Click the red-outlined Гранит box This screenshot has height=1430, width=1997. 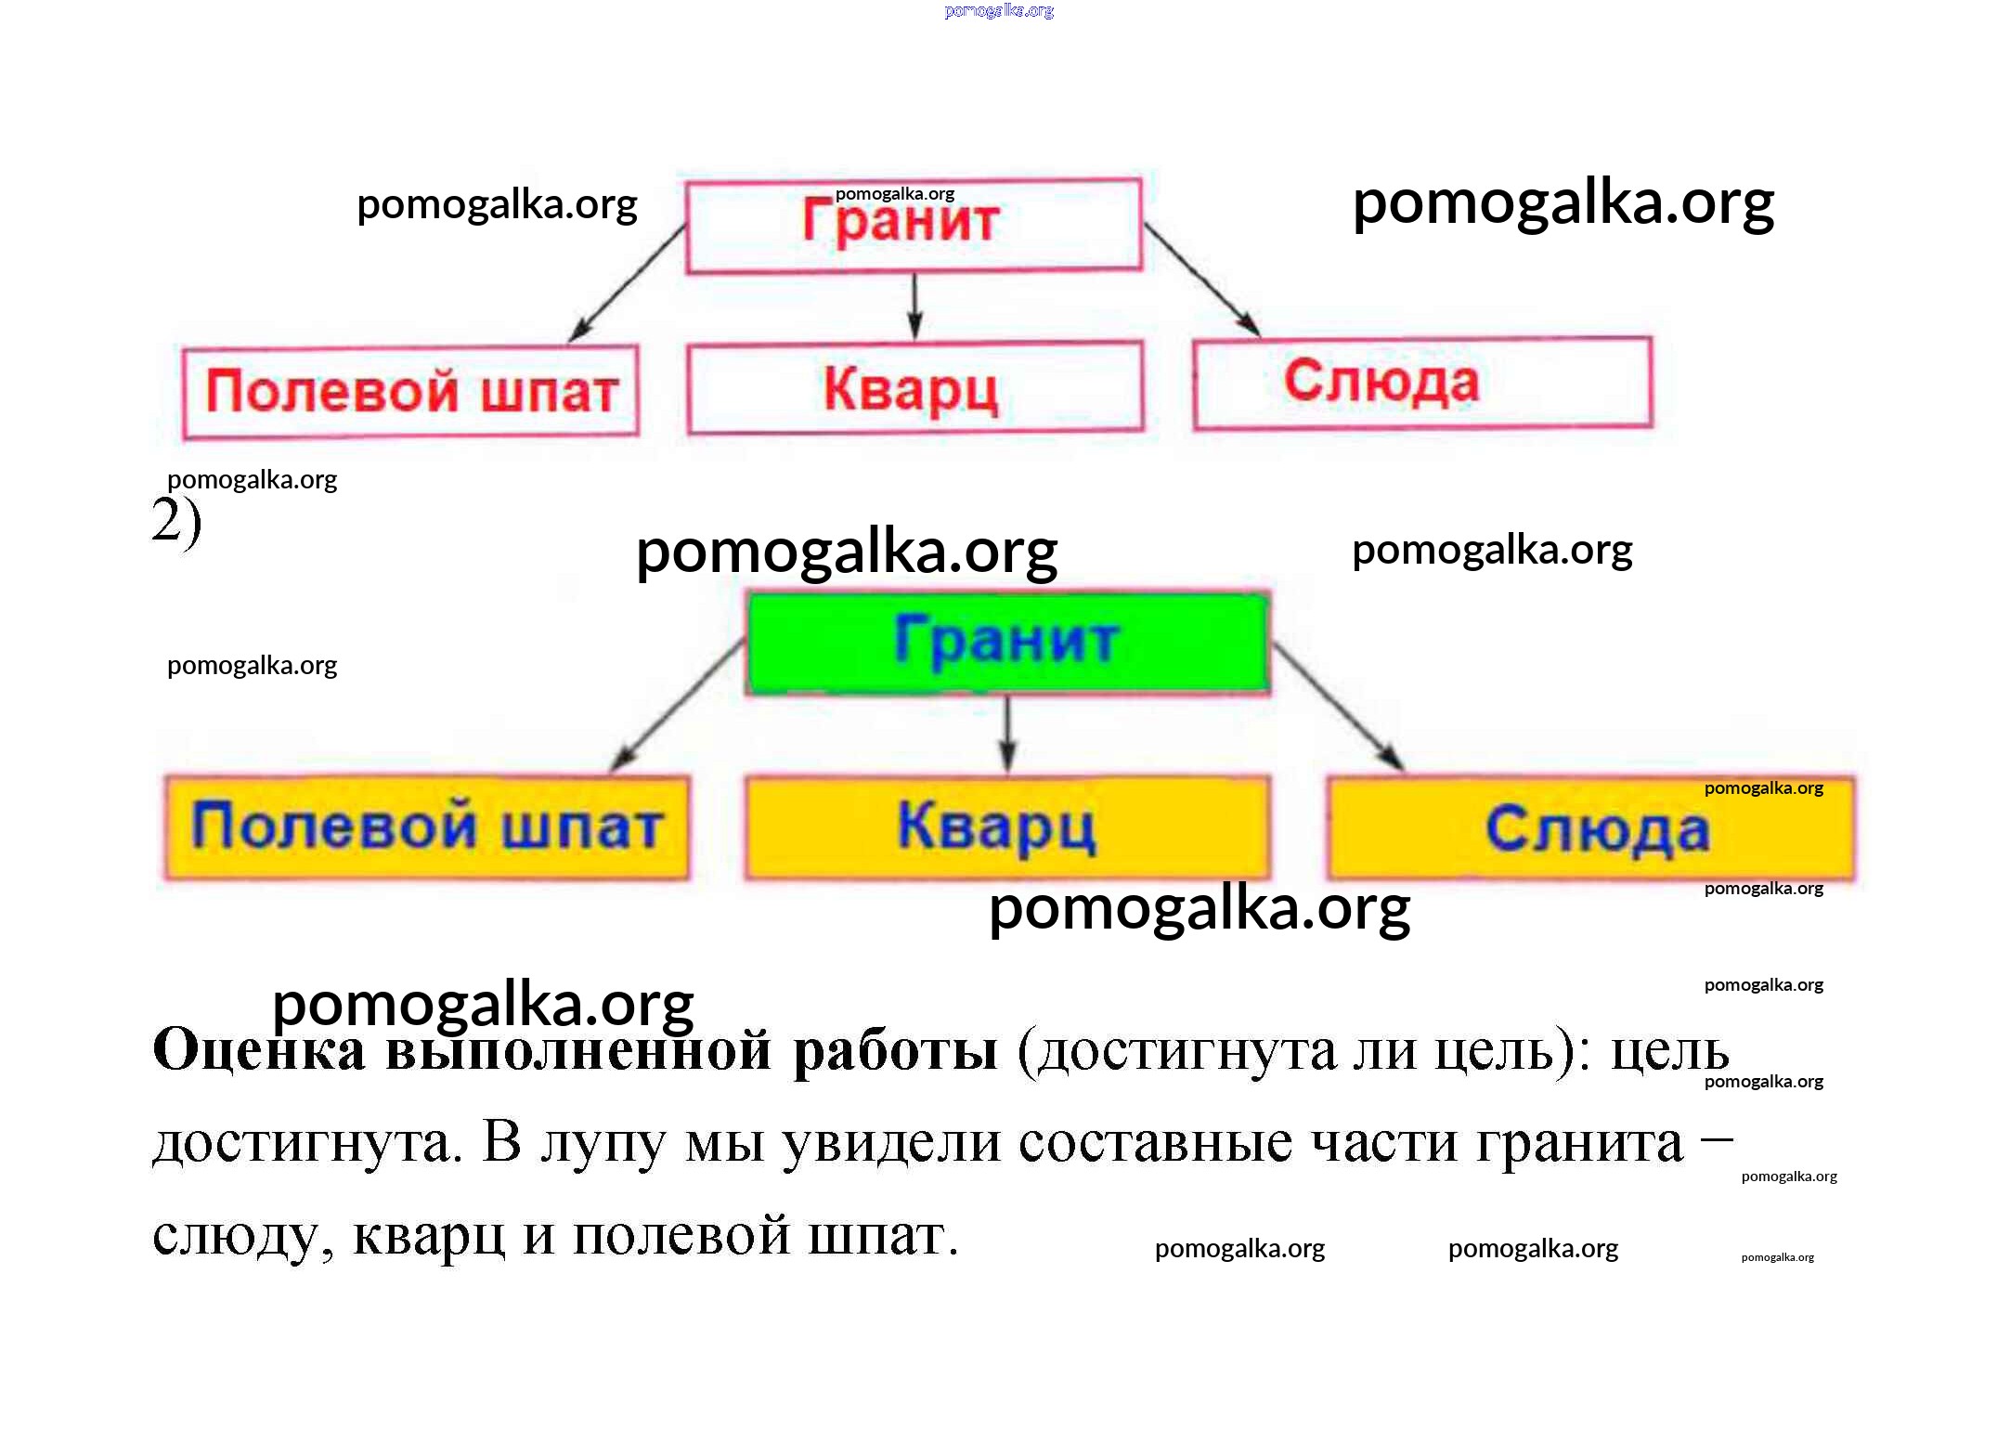click(x=914, y=226)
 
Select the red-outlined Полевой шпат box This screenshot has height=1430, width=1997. click(x=410, y=391)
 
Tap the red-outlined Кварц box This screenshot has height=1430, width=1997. click(x=914, y=387)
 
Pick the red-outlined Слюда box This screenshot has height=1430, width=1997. click(x=1422, y=383)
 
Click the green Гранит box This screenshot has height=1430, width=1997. click(x=1007, y=643)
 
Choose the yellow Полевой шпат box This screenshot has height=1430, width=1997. click(x=427, y=826)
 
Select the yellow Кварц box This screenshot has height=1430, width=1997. click(x=1007, y=826)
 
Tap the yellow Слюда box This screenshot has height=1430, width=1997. click(x=1589, y=828)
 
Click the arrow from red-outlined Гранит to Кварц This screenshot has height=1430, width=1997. click(x=914, y=306)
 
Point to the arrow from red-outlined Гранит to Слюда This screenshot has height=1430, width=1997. click(x=1202, y=279)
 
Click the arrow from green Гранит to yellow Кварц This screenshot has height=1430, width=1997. click(x=1008, y=734)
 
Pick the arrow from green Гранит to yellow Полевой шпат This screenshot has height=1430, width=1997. click(x=678, y=706)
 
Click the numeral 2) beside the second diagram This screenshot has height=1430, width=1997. click(x=176, y=522)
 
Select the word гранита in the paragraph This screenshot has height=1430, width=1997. click(x=1578, y=1143)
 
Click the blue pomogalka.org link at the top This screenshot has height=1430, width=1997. click(x=999, y=11)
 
